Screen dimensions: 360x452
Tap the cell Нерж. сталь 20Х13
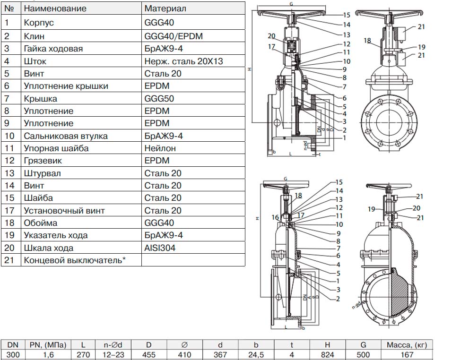[x=183, y=61]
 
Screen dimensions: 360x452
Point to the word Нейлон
[x=160, y=148]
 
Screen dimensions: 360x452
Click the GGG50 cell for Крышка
[x=156, y=98]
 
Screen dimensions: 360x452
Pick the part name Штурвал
[x=42, y=173]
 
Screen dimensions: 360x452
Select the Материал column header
[x=165, y=9]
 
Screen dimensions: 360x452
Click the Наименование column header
[x=55, y=9]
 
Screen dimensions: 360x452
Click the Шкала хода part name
[x=48, y=248]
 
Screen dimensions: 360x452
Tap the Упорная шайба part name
[x=56, y=148]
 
